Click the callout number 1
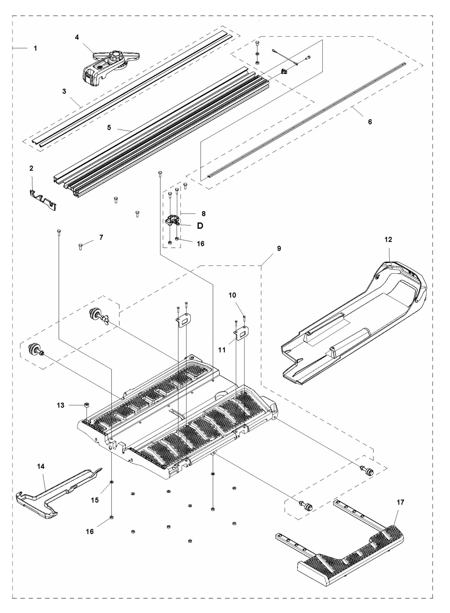[35, 49]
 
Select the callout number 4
[77, 37]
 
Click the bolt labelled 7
[80, 246]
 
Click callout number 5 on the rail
[109, 127]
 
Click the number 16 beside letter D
[200, 243]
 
